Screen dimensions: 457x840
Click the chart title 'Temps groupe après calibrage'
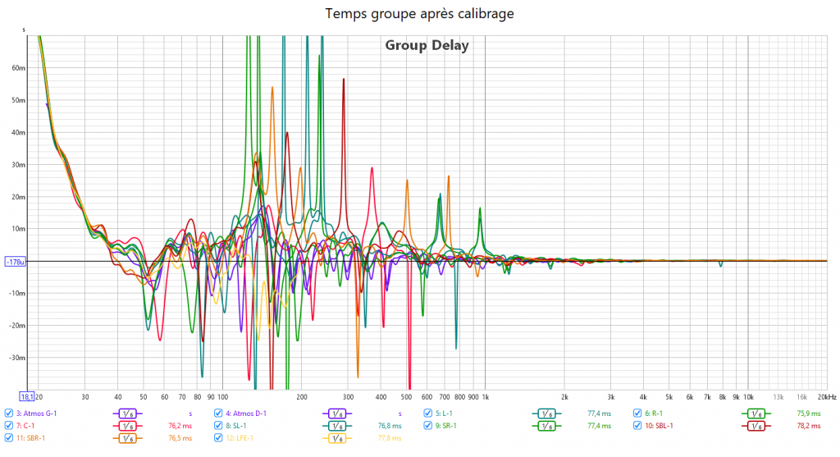[x=420, y=13]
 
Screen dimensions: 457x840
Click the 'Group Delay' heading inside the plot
[x=427, y=45]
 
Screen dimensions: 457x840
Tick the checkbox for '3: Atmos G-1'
[x=9, y=414]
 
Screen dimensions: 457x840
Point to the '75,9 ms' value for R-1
[x=808, y=414]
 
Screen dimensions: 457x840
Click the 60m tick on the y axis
[x=19, y=68]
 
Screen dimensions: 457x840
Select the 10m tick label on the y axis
[x=19, y=229]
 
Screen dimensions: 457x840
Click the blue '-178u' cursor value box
[x=16, y=262]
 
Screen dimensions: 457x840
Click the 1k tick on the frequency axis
[x=485, y=395]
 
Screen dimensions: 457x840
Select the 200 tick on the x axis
[x=301, y=395]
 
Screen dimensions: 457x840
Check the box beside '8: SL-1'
[x=219, y=426]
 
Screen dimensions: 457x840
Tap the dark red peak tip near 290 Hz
[x=344, y=79]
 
